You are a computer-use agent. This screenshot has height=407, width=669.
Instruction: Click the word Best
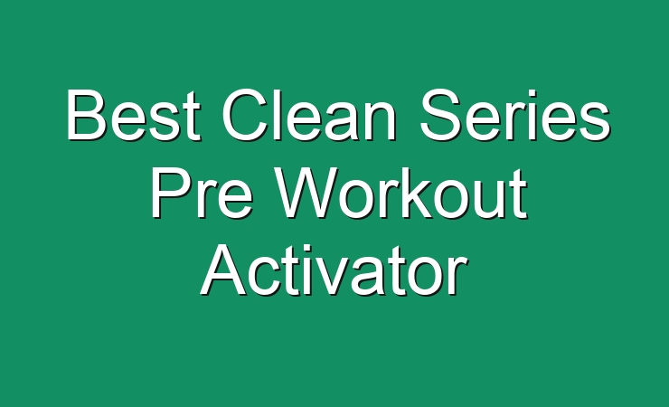(133, 114)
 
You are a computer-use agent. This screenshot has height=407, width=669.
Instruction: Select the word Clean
(308, 114)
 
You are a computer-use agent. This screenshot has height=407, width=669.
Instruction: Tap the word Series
(514, 114)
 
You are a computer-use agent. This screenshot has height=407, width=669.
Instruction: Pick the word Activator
(334, 270)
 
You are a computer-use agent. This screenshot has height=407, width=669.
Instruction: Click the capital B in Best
(88, 114)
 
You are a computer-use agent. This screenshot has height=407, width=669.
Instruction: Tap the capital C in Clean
(244, 114)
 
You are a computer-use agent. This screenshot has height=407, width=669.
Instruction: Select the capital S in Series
(441, 114)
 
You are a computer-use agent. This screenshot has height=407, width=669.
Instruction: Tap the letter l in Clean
(279, 114)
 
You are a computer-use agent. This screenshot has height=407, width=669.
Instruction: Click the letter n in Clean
(380, 121)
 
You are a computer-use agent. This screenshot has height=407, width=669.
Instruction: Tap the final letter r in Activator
(458, 278)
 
